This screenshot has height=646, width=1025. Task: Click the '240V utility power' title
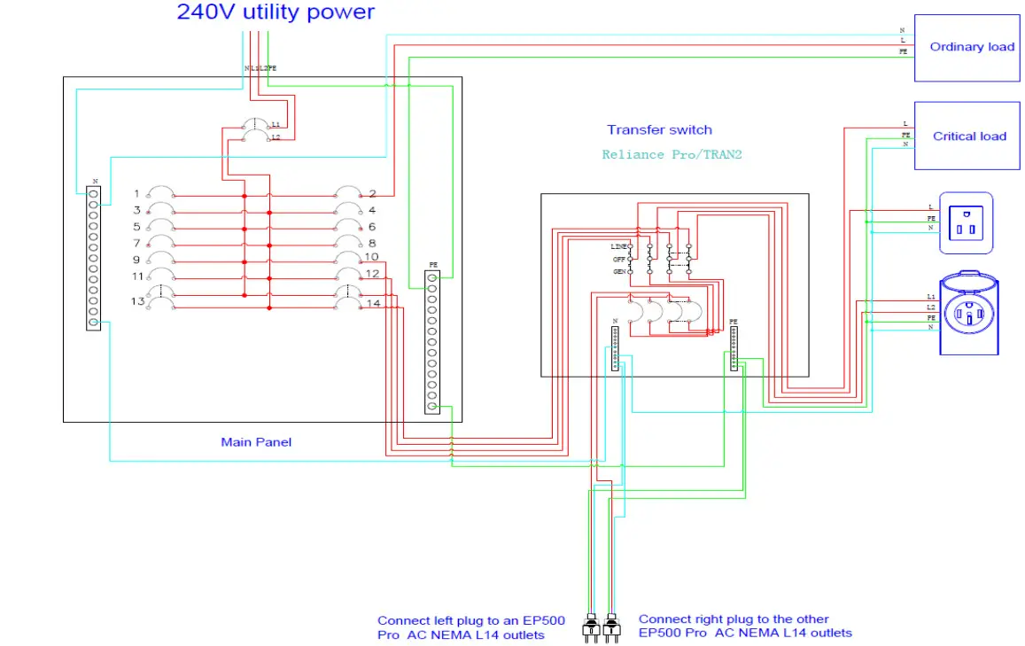[276, 12]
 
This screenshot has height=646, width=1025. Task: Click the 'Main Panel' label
[256, 441]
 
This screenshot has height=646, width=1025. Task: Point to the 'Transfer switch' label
[659, 130]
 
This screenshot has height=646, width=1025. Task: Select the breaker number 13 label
[136, 301]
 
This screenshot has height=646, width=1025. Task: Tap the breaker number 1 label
[136, 193]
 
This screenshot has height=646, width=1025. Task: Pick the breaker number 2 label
[372, 193]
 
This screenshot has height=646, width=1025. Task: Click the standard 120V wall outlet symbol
[966, 223]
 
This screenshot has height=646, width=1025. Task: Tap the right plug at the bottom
[610, 627]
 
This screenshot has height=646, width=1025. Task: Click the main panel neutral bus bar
[93, 257]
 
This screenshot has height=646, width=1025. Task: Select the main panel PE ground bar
[432, 341]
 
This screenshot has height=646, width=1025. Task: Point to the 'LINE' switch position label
[618, 245]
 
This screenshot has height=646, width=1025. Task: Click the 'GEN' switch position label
[619, 272]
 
